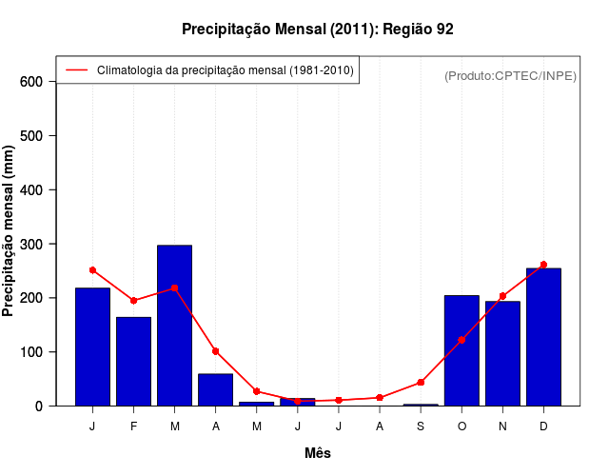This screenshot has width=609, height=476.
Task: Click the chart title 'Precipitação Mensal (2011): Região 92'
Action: [x=318, y=30]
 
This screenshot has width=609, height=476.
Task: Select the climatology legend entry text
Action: [x=225, y=70]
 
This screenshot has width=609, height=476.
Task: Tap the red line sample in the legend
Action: [x=76, y=70]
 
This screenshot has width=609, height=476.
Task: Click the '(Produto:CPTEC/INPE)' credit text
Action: [x=511, y=75]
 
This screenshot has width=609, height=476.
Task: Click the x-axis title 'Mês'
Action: [x=318, y=453]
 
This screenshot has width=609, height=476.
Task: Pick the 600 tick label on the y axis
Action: [x=31, y=82]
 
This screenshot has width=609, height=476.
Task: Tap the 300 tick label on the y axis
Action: [x=31, y=244]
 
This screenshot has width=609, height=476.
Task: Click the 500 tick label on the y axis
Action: [x=31, y=136]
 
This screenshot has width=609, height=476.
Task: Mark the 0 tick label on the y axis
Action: [x=39, y=406]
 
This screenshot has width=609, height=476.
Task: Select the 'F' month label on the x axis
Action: [x=134, y=426]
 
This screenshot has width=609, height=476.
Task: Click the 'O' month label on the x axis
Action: [x=462, y=426]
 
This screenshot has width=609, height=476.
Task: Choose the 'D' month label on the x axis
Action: [x=543, y=426]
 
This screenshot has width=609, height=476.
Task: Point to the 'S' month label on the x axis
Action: [x=421, y=426]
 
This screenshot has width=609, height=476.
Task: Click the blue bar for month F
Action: [x=134, y=362]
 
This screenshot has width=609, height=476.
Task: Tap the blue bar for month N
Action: [x=502, y=353]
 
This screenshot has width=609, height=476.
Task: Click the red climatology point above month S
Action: [x=421, y=383]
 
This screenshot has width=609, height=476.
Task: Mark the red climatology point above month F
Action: [x=134, y=301]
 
